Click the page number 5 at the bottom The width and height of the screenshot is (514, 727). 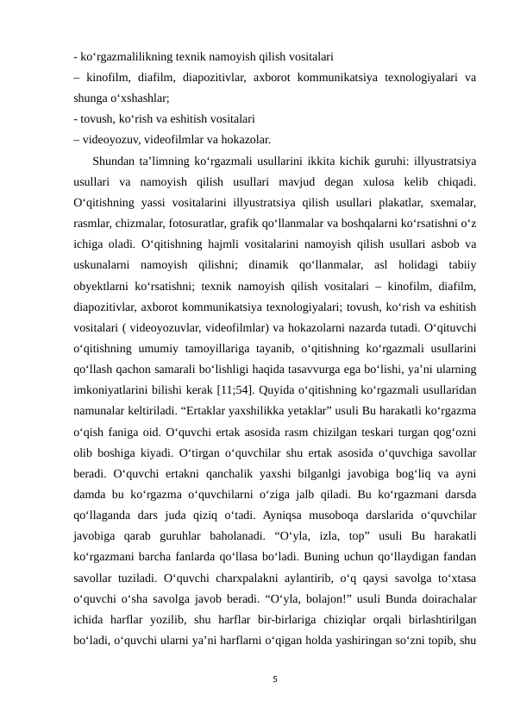click(x=273, y=677)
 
